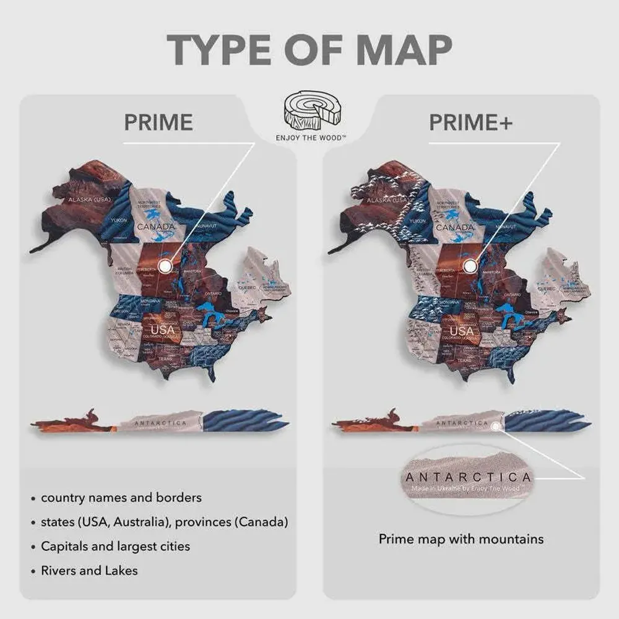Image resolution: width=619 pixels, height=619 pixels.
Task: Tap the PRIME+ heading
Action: point(470,123)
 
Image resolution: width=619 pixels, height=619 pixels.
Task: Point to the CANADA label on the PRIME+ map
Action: point(454,227)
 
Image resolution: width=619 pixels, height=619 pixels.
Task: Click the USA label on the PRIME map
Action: point(163,329)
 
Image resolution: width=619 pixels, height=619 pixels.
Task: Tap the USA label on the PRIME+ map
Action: point(461,331)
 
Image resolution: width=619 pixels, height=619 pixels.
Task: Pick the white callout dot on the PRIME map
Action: point(165,266)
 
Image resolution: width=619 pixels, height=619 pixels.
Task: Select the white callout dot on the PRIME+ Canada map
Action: point(470,266)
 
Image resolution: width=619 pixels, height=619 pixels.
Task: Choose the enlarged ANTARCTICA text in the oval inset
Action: point(469,477)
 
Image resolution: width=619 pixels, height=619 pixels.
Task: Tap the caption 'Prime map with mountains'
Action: point(461,539)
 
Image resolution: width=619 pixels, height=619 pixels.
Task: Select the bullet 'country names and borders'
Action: point(121,497)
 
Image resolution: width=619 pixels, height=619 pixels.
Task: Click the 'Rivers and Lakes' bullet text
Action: point(89,570)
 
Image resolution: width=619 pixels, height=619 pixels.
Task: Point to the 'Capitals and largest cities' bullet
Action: point(115,546)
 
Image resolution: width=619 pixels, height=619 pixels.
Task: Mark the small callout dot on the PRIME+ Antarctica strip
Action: point(495,425)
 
